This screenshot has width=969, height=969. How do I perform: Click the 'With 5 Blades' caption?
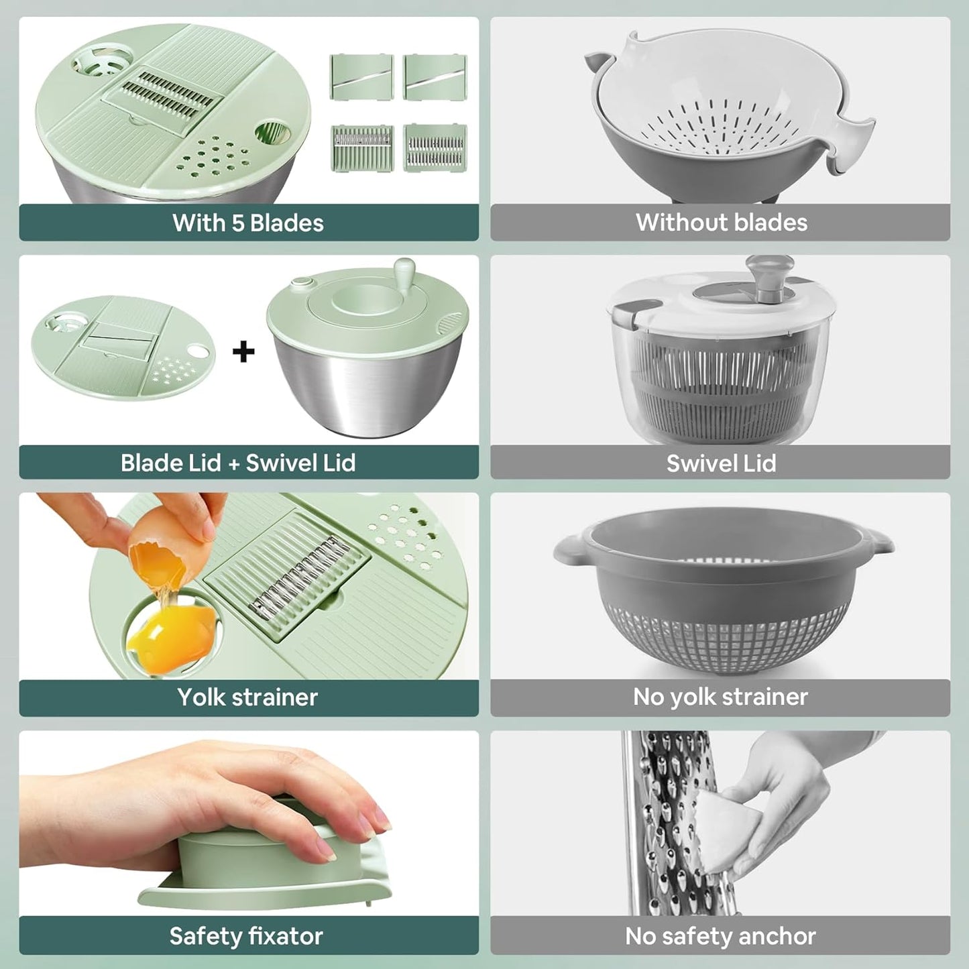tap(248, 223)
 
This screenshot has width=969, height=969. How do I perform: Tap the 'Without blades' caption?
tap(721, 223)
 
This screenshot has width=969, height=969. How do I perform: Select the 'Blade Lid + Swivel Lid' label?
tap(238, 463)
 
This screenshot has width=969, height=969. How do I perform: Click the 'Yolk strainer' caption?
tap(247, 697)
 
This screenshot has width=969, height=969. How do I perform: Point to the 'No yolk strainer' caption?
tap(720, 697)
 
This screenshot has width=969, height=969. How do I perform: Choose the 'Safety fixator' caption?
tap(246, 936)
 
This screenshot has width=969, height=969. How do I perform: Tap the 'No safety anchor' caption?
tap(720, 936)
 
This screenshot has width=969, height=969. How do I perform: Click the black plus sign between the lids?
tap(243, 351)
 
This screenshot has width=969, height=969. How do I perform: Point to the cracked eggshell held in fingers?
tap(158, 556)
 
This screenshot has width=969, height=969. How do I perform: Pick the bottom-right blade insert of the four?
tap(435, 148)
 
